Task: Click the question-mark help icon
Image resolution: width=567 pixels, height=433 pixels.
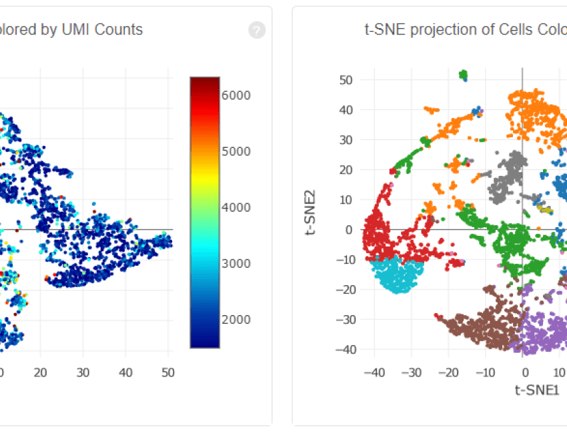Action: [x=257, y=30]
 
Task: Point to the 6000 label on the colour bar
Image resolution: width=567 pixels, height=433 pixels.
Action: [x=237, y=95]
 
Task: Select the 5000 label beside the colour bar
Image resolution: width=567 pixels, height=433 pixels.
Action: [x=237, y=151]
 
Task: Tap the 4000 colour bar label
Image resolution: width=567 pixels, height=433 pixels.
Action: [x=237, y=207]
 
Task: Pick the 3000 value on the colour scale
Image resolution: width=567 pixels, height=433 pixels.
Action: [x=237, y=263]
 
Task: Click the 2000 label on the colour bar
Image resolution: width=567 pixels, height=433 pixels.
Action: [x=237, y=319]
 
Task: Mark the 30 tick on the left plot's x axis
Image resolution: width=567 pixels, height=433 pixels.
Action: [x=83, y=372]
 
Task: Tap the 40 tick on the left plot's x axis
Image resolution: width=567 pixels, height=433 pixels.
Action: [x=125, y=372]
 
